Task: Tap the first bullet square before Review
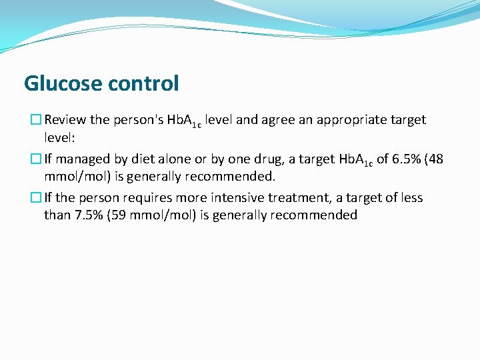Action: point(37,121)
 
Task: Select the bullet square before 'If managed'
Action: point(37,159)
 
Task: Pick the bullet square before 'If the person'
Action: point(37,198)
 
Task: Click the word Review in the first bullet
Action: point(66,121)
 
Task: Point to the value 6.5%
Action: point(394,159)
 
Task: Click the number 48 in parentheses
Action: point(436,159)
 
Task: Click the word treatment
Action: point(299,198)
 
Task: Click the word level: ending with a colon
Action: point(60,138)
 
